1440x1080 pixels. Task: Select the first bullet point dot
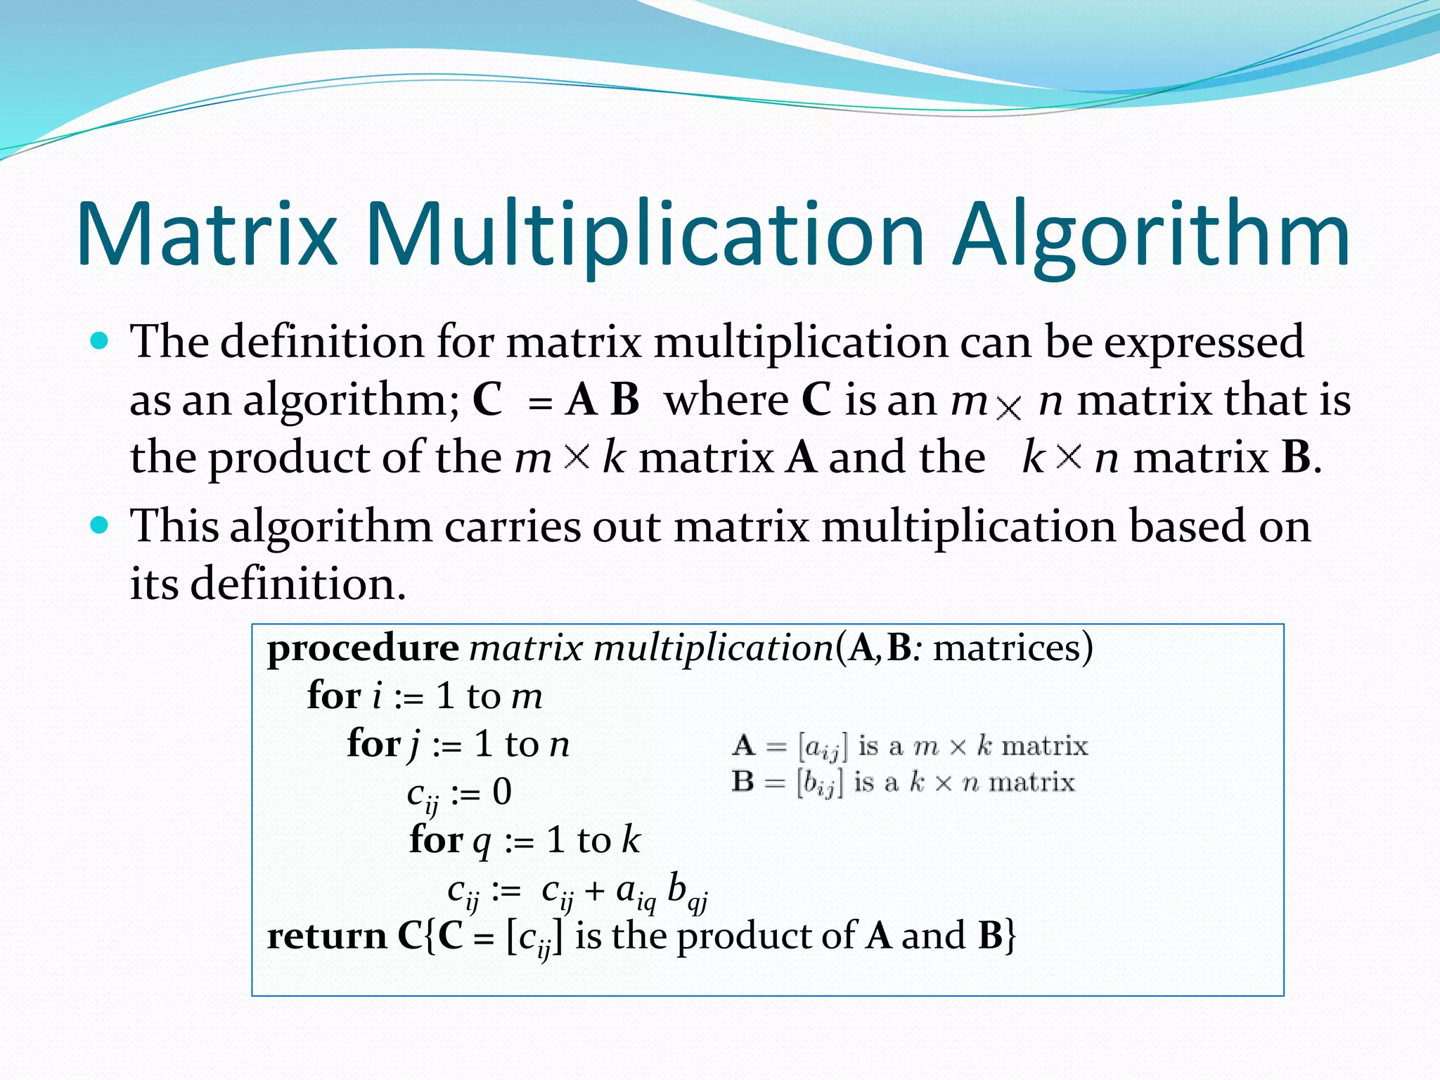pyautogui.click(x=100, y=342)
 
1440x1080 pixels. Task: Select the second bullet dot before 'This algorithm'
pyautogui.click(x=100, y=525)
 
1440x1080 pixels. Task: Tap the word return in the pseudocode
pyautogui.click(x=326, y=937)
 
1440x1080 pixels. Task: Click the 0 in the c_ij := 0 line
pyautogui.click(x=501, y=792)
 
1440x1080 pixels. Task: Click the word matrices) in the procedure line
pyautogui.click(x=1012, y=648)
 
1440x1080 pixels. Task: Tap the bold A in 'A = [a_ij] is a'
pyautogui.click(x=742, y=745)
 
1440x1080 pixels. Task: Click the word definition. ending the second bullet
pyautogui.click(x=298, y=584)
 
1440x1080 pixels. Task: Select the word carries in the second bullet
pyautogui.click(x=513, y=527)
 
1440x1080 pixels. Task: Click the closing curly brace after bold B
pyautogui.click(x=1010, y=937)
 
